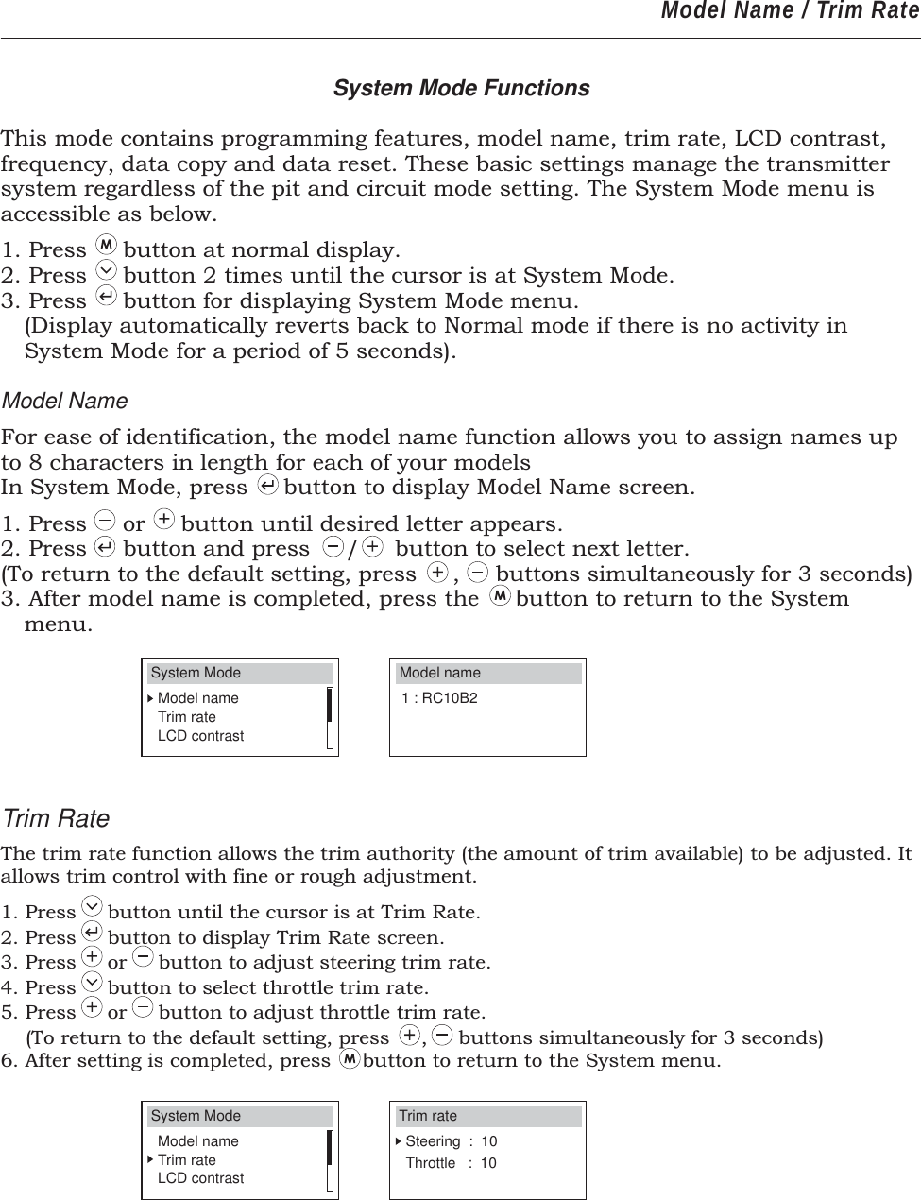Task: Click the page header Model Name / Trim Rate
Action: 789,12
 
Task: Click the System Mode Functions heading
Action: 461,88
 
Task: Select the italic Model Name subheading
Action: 65,401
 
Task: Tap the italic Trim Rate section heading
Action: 56,818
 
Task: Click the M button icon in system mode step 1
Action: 106,249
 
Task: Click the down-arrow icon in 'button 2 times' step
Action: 106,274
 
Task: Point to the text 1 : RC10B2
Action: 439,698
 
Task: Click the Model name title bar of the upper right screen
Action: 487,673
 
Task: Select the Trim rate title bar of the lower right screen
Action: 487,1116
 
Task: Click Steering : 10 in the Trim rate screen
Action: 451,1141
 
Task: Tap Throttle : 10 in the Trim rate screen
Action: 451,1163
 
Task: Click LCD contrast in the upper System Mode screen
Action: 200,736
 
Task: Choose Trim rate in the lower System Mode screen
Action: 186,1160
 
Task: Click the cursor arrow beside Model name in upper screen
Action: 150,698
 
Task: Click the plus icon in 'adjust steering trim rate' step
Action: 92,961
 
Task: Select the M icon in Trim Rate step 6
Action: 349,1059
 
